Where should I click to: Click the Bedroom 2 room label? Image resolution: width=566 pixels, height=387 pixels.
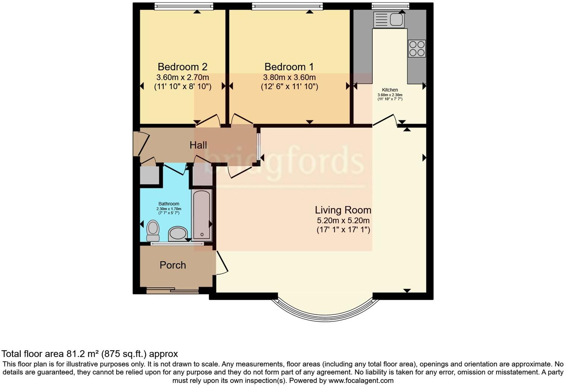pyautogui.click(x=182, y=67)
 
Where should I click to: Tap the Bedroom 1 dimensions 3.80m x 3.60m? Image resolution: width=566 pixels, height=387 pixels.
pyautogui.click(x=289, y=77)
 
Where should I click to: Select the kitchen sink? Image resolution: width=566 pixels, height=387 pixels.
pyautogui.click(x=389, y=20)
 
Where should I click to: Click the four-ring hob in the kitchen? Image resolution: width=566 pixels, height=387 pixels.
pyautogui.click(x=417, y=48)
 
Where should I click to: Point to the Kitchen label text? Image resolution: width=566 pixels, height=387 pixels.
pyautogui.click(x=390, y=90)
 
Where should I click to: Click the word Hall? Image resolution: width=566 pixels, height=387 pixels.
pyautogui.click(x=198, y=145)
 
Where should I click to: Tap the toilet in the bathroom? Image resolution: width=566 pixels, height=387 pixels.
pyautogui.click(x=153, y=231)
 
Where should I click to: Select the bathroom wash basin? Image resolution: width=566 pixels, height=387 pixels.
pyautogui.click(x=178, y=234)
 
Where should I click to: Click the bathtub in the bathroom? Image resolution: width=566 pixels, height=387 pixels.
pyautogui.click(x=202, y=214)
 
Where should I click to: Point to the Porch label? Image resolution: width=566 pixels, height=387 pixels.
pyautogui.click(x=173, y=265)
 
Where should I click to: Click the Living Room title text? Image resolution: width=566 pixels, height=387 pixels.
pyautogui.click(x=343, y=210)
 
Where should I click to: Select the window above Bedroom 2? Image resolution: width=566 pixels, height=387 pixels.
pyautogui.click(x=184, y=6)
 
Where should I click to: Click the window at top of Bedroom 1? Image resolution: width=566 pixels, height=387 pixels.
pyautogui.click(x=287, y=6)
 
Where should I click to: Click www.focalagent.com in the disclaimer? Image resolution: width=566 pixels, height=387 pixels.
pyautogui.click(x=361, y=381)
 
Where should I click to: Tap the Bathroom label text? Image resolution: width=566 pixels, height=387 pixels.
pyautogui.click(x=169, y=204)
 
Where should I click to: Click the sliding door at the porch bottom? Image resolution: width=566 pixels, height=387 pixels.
pyautogui.click(x=172, y=291)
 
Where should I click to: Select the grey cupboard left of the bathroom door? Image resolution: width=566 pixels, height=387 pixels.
pyautogui.click(x=150, y=175)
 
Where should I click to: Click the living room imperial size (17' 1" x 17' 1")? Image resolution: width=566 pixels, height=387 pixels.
pyautogui.click(x=343, y=230)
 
